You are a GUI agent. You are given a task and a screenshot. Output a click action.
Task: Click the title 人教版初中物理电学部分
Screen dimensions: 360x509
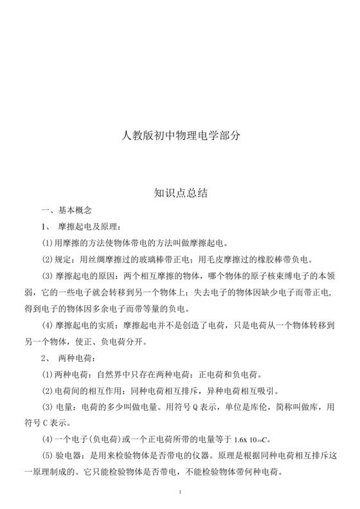tap(180, 136)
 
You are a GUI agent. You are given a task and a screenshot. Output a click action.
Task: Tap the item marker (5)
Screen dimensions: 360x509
tap(47, 455)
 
